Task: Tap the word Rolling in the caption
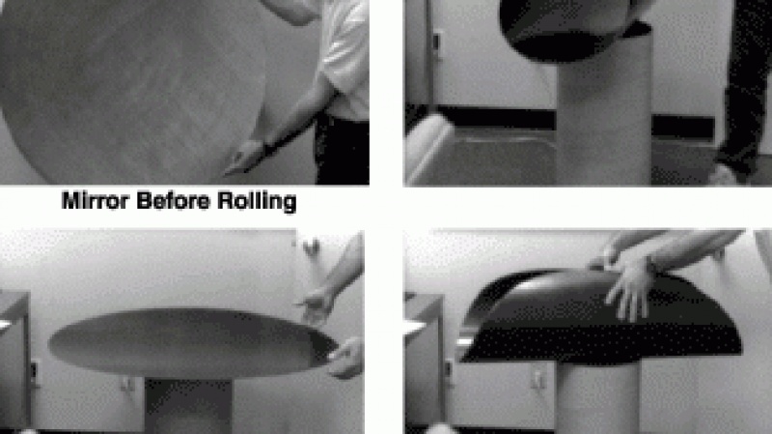(x=260, y=203)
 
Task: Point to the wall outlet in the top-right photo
(x=437, y=43)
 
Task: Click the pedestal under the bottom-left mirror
(x=188, y=406)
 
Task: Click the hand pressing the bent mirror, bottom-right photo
(x=632, y=290)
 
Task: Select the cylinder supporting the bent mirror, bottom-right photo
(x=589, y=396)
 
